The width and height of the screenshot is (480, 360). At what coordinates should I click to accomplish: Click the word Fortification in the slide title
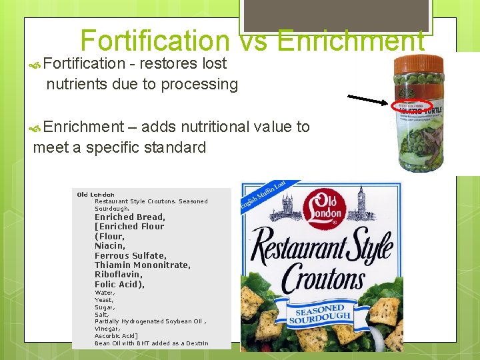[154, 41]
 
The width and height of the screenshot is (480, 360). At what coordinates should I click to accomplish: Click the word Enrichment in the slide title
[351, 41]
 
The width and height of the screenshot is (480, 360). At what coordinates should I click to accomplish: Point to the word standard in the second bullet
[175, 147]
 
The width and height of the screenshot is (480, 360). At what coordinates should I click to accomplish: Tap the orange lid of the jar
[419, 67]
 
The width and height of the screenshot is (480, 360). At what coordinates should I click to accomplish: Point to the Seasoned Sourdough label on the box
[319, 315]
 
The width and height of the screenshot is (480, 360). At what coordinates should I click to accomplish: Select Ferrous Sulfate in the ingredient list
[131, 255]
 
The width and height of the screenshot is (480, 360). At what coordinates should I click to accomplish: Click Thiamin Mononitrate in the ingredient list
[142, 265]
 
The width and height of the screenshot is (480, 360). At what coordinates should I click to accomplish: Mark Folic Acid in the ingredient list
[119, 285]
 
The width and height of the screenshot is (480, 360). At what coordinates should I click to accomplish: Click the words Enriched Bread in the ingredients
[129, 217]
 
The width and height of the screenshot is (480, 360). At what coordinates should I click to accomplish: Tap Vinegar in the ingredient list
[107, 329]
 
